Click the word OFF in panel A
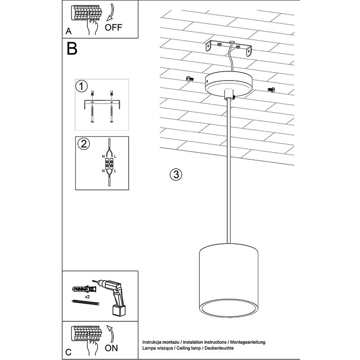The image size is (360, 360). [113, 27]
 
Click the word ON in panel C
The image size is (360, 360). [111, 348]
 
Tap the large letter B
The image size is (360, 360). [72, 48]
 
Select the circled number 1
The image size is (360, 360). [81, 86]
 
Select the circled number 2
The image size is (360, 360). [84, 144]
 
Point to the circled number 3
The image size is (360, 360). [176, 175]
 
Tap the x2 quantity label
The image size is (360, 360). [87, 297]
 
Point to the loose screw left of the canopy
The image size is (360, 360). [189, 79]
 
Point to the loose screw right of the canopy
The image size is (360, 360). [271, 90]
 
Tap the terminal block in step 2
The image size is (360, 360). [109, 163]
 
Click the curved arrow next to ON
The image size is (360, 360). [111, 333]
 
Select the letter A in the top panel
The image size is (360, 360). [68, 31]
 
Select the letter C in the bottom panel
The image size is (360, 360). [68, 352]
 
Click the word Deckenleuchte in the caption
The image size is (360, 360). [219, 348]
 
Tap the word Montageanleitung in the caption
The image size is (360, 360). [248, 342]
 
